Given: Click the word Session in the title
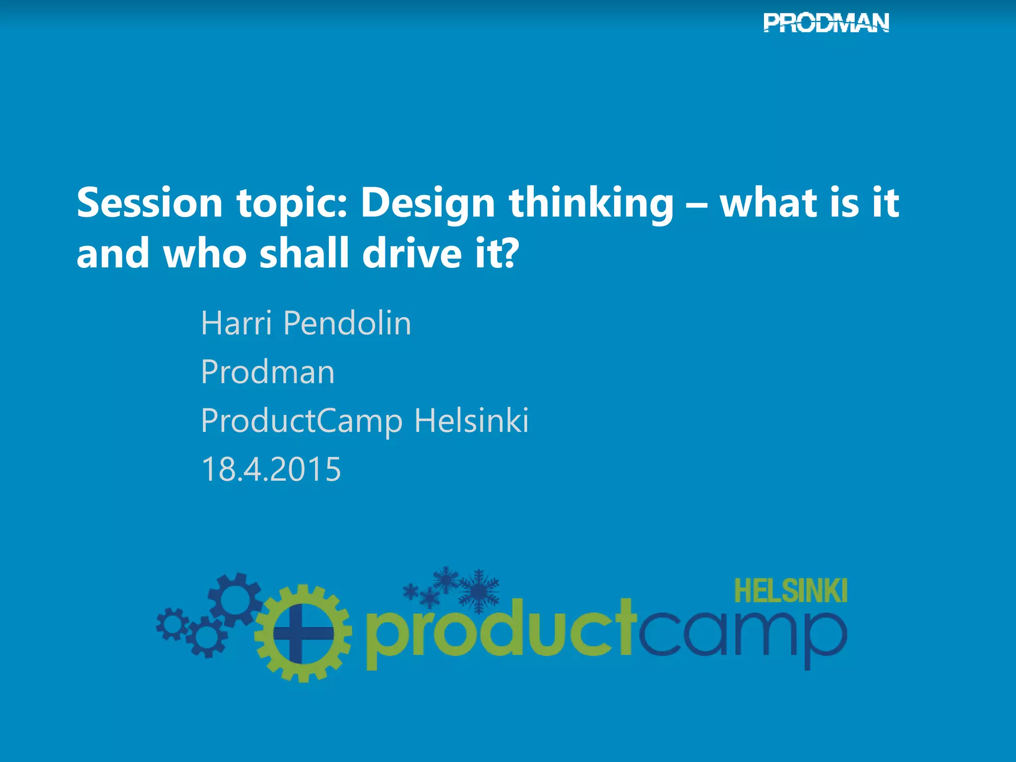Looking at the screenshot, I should pos(149,203).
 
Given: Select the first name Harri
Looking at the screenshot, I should pos(236,323).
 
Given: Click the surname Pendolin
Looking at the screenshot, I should pos(347,323).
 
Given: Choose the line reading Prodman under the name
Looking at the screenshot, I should pos(268,372).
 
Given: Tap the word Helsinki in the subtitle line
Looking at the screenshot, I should pos(471,421).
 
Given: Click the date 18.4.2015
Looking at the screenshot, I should pos(271,469).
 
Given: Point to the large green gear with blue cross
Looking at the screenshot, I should pos(303,634).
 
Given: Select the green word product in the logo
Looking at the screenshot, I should pos(501,633).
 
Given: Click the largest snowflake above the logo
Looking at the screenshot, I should pos(478,590).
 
